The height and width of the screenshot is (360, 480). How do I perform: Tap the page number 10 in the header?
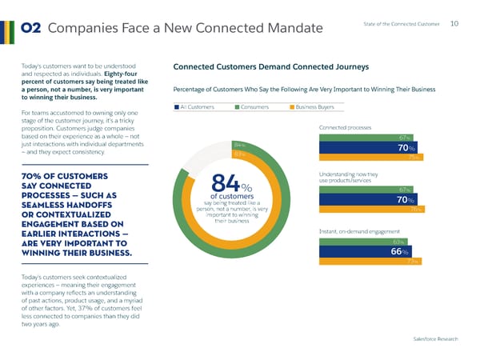tap(454, 24)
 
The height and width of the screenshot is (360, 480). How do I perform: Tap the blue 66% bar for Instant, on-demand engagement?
tap(364, 251)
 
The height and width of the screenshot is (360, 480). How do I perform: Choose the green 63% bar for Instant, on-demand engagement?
tap(360, 241)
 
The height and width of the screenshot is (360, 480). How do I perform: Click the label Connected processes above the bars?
tap(346, 127)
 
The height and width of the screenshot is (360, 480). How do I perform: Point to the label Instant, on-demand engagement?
tap(358, 231)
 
